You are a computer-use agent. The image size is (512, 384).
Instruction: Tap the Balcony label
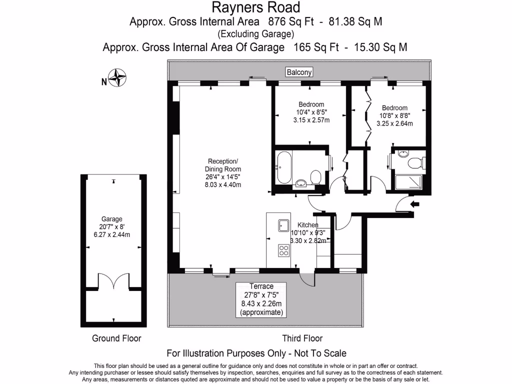pyautogui.click(x=299, y=72)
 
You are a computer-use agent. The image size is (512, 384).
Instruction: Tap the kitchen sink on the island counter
pyautogui.click(x=283, y=226)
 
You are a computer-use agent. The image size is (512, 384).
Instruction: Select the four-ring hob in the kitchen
pyautogui.click(x=283, y=250)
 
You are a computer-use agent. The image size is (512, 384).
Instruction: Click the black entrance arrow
pyautogui.click(x=415, y=204)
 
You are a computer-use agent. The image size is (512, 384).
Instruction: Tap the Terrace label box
pyautogui.click(x=261, y=299)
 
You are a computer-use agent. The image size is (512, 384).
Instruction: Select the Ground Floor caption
pyautogui.click(x=116, y=338)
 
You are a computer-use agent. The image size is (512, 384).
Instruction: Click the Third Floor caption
pyautogui.click(x=302, y=338)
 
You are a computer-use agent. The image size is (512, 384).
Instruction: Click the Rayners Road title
pyautogui.click(x=256, y=7)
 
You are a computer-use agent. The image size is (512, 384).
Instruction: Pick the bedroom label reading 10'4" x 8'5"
pyautogui.click(x=311, y=112)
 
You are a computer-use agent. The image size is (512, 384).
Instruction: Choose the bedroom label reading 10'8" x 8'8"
pyautogui.click(x=394, y=116)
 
